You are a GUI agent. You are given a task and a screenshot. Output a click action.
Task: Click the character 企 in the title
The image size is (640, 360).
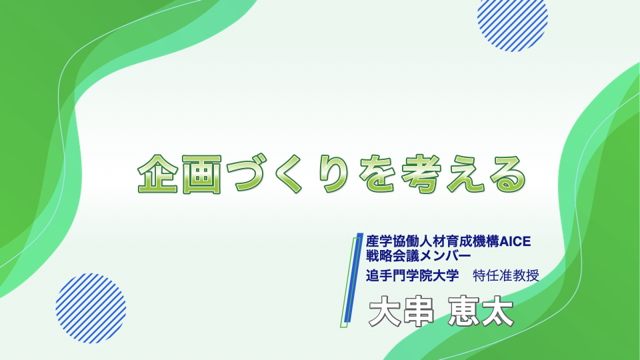tap(157, 174)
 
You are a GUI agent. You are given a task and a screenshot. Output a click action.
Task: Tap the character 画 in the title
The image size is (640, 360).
tap(201, 174)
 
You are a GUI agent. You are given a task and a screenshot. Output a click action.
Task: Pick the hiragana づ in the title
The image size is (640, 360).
tap(246, 174)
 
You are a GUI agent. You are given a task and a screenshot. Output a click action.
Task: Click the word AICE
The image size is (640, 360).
tap(515, 241)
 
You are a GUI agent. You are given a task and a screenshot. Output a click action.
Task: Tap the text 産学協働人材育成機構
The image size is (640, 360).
tap(433, 241)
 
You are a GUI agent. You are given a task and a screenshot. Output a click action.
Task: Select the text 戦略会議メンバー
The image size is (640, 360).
tap(419, 256)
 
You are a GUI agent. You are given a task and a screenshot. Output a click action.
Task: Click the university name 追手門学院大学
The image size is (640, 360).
tap(412, 275)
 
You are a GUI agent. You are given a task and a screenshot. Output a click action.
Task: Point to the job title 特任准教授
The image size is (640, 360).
tap(506, 275)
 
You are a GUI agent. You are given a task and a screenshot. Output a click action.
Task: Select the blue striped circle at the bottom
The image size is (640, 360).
tap(91, 308)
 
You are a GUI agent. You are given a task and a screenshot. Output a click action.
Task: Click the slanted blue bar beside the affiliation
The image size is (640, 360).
tap(353, 278)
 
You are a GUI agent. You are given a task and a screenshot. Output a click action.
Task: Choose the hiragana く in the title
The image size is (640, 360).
tap(289, 174)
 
